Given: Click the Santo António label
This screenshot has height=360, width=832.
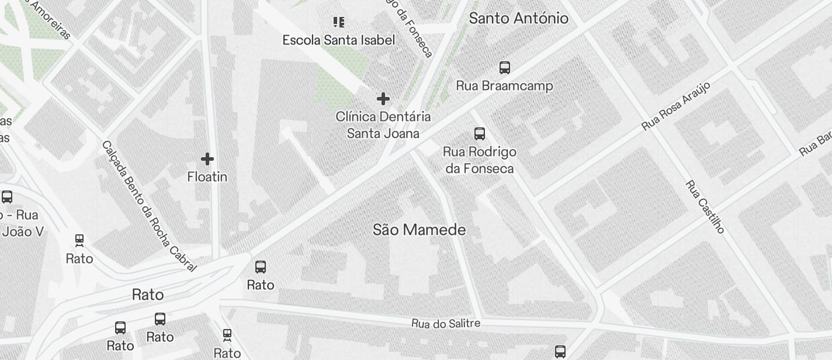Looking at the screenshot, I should [518, 18].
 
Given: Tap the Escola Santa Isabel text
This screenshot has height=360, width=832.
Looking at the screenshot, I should [338, 40].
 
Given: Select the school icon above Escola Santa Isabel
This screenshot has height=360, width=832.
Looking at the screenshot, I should [338, 22].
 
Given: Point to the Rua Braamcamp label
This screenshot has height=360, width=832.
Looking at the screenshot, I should [504, 86].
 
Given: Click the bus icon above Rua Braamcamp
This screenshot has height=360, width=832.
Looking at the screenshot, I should [505, 67].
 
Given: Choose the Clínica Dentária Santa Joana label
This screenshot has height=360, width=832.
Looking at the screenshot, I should [383, 125].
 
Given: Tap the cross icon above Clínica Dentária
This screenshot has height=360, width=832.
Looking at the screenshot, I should [383, 99].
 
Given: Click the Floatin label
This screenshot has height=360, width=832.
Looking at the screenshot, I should [207, 176].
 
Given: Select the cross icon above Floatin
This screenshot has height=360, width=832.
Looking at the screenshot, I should [207, 159].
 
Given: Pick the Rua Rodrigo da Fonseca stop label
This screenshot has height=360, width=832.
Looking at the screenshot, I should [480, 160].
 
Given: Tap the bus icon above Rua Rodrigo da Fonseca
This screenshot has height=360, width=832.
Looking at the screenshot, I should [480, 134].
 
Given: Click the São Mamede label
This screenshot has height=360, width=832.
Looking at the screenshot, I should [419, 230].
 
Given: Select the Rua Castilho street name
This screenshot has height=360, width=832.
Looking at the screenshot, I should [705, 206].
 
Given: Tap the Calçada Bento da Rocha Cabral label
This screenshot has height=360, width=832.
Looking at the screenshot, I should [149, 206].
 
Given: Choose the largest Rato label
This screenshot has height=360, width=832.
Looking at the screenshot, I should [148, 295].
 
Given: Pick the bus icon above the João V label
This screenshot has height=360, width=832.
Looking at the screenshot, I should [7, 197].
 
